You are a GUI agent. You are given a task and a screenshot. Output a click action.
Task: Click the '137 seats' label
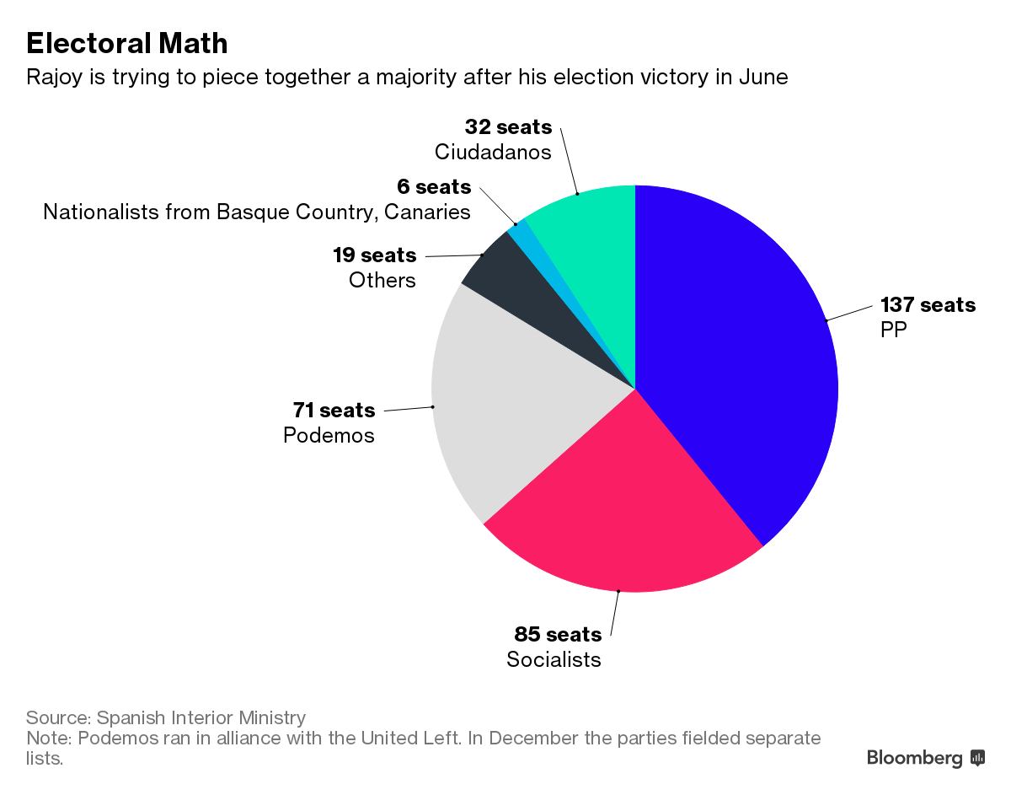(928, 304)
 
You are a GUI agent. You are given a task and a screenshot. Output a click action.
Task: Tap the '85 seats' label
(558, 634)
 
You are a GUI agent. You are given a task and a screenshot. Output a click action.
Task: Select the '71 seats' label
(334, 411)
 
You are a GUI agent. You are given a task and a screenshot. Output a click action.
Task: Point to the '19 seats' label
(374, 255)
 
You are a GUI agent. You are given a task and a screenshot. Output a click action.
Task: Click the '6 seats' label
(434, 186)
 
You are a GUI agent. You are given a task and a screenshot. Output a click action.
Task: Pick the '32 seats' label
(508, 127)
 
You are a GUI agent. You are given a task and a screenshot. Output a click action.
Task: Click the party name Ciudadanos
(493, 152)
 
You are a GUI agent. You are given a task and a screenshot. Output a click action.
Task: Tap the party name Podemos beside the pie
(329, 435)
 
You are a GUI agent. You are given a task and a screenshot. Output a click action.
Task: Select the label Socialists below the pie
(554, 658)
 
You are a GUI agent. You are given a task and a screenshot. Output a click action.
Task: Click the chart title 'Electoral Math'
(127, 43)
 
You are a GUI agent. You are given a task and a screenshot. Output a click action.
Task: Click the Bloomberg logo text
(915, 758)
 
